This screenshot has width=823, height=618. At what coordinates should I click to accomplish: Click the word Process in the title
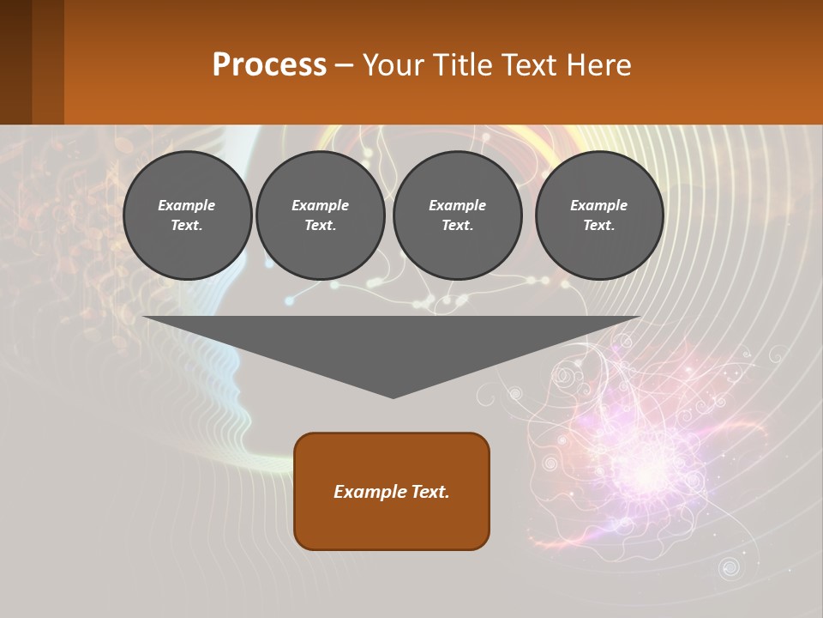click(x=269, y=65)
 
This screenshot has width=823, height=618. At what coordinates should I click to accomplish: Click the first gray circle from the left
click(x=187, y=215)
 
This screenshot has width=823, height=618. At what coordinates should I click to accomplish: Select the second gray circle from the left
click(x=321, y=215)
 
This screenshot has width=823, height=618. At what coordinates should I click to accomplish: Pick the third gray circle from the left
click(x=457, y=215)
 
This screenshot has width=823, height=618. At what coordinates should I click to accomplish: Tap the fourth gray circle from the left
click(x=599, y=215)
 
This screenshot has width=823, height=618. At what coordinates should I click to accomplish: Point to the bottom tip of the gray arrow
click(x=393, y=397)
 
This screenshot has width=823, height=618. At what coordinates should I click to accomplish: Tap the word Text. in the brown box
click(x=430, y=492)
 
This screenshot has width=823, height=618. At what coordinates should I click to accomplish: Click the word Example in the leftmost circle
click(x=187, y=205)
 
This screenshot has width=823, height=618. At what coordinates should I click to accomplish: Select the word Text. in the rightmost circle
click(x=599, y=226)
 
